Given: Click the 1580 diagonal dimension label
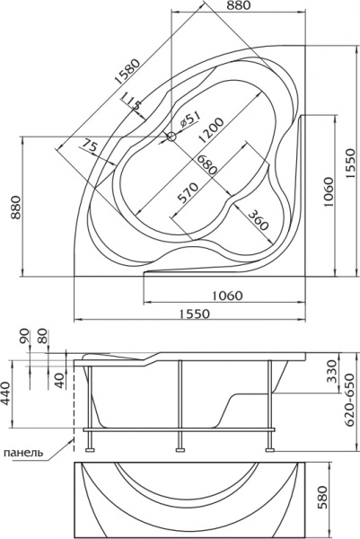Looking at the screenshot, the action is coord(127,72).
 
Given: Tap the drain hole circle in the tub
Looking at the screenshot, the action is coord(171,137).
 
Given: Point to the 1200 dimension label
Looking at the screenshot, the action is coord(211,130).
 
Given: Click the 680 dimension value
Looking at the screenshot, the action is coord(206,164).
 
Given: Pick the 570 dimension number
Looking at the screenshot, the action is coord(188,193).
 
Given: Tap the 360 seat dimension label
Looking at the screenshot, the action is coord(258,219).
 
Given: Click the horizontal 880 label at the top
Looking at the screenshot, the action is coord(239,4).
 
